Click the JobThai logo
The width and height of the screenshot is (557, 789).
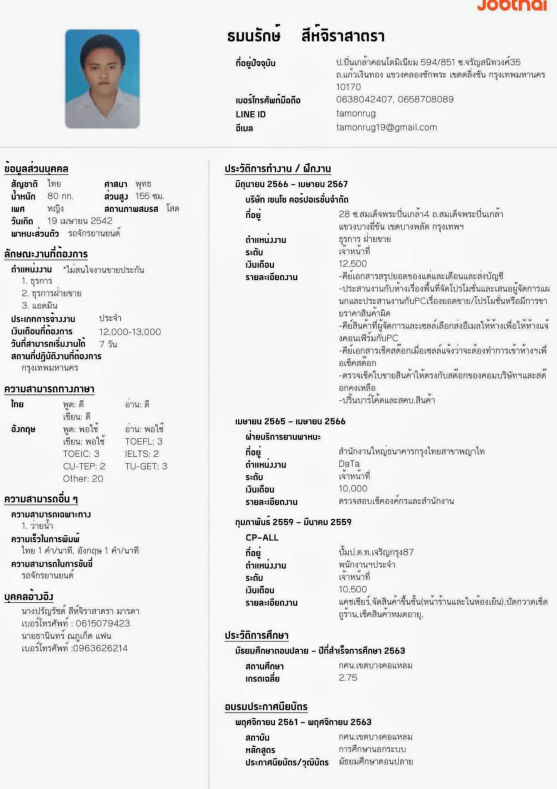pyautogui.click(x=512, y=5)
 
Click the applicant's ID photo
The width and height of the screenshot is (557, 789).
pyautogui.click(x=102, y=79)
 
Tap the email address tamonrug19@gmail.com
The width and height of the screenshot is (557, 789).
pyautogui.click(x=386, y=128)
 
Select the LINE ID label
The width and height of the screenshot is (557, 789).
pyautogui.click(x=251, y=114)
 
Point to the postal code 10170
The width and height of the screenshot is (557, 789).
pyautogui.click(x=348, y=87)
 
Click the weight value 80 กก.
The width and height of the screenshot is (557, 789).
pyautogui.click(x=60, y=196)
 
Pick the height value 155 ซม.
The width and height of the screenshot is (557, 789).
pyautogui.click(x=150, y=196)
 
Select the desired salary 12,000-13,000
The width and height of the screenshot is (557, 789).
pyautogui.click(x=130, y=332)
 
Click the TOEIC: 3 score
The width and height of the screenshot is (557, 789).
pyautogui.click(x=81, y=454)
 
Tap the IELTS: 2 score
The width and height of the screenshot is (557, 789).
pyautogui.click(x=142, y=454)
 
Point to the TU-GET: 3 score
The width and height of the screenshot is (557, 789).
pyautogui.click(x=146, y=466)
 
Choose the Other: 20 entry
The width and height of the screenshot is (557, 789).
pyautogui.click(x=83, y=478)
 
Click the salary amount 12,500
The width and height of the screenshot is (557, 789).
pyautogui.click(x=353, y=264)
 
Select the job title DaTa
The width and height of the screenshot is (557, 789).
pyautogui.click(x=349, y=464)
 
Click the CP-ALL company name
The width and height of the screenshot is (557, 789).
pyautogui.click(x=262, y=537)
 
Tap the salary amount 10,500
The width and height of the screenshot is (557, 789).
pyautogui.click(x=353, y=589)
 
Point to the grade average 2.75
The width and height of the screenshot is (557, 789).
pyautogui.click(x=348, y=678)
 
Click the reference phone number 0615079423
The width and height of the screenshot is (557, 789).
pyautogui.click(x=103, y=623)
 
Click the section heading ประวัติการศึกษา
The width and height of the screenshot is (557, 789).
pyautogui.click(x=257, y=635)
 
